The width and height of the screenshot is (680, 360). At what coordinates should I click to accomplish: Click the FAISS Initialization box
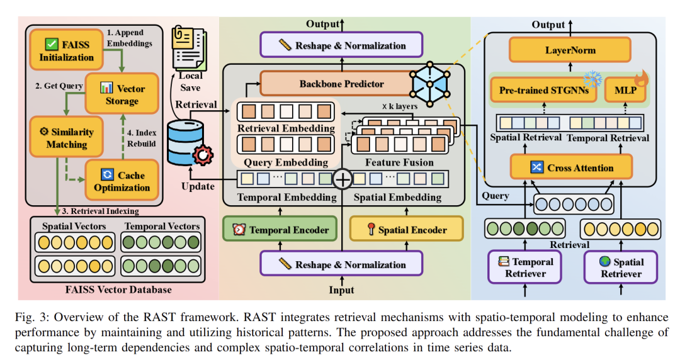pyautogui.click(x=67, y=50)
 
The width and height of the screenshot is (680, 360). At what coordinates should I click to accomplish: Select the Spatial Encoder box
pyautogui.click(x=405, y=230)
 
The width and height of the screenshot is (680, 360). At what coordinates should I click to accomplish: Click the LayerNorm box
pyautogui.click(x=570, y=50)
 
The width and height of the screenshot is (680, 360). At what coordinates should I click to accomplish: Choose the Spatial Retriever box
pyautogui.click(x=620, y=266)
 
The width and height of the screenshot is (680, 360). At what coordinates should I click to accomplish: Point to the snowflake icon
pyautogui.click(x=592, y=78)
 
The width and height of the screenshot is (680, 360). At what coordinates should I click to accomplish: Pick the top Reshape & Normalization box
pyautogui.click(x=341, y=45)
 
